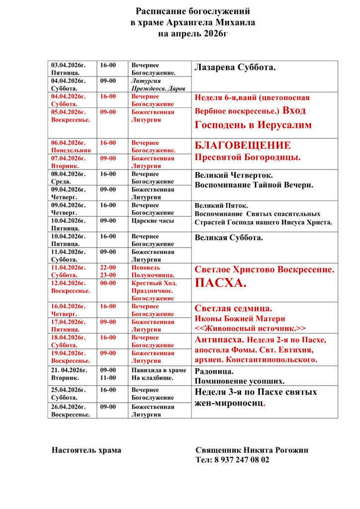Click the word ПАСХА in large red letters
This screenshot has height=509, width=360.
pos(220,284)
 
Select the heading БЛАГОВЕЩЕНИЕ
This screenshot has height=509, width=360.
pos(243,146)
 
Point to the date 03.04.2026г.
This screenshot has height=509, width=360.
pos(69,65)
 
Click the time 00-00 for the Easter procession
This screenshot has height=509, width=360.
pos(108,283)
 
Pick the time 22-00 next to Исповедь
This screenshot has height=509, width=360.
pos(108,267)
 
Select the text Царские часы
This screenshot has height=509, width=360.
pos(152,221)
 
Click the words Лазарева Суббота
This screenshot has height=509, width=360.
pos(235,67)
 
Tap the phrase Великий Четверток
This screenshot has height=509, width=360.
pos(233,175)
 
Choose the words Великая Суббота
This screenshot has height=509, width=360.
pos(229,238)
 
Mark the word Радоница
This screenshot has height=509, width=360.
pos(214,371)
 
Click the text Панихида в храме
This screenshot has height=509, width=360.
pos(159,370)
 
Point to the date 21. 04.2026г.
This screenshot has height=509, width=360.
pos(70,370)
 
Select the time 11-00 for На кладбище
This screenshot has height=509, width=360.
pos(108,378)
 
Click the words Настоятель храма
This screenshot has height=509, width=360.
pos(87,450)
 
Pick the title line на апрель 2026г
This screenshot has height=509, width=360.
pos(193,34)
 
